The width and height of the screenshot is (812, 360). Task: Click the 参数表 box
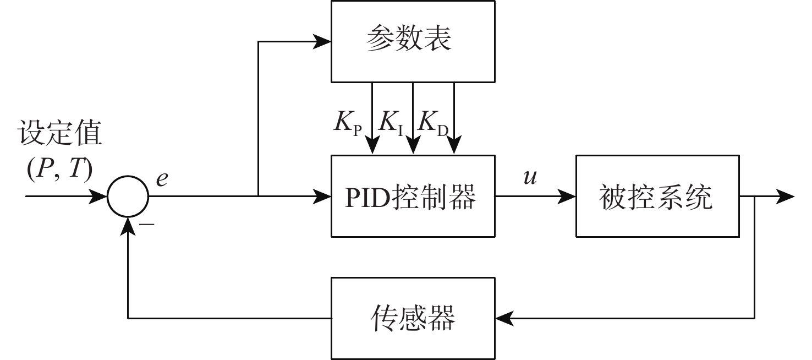[x=412, y=41]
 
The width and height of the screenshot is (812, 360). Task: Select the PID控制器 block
[x=412, y=196]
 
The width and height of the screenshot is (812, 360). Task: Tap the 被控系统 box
[x=657, y=196]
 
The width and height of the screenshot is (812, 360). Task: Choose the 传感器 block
[x=412, y=318]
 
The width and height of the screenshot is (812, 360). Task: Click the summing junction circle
[x=128, y=197]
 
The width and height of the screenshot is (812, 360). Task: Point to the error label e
[x=162, y=179]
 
